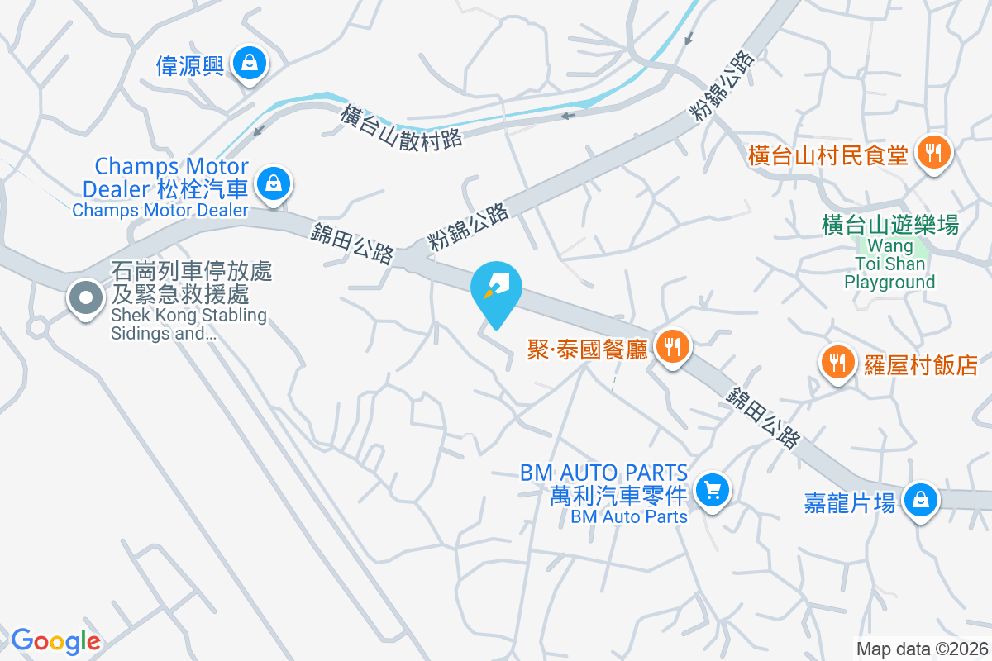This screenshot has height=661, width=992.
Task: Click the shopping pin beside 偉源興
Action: [248, 63]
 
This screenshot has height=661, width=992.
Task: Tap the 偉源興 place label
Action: [190, 64]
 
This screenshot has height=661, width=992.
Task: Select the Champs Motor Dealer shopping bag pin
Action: [273, 183]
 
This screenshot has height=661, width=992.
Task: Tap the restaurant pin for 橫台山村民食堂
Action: [934, 153]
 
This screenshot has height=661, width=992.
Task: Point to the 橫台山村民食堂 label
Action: [827, 155]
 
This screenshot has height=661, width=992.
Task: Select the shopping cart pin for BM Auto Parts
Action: [711, 492]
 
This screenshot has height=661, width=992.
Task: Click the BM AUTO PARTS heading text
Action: [604, 473]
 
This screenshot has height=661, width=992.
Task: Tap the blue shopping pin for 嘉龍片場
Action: [918, 501]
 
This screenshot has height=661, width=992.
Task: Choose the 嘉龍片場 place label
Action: [850, 503]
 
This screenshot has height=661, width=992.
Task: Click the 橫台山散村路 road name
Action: [401, 126]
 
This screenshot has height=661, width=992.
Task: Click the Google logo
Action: [55, 641]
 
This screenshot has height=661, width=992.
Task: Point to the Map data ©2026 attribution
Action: [921, 649]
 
